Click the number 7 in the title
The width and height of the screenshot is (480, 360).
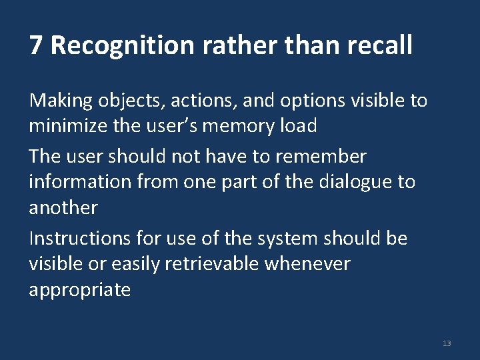point(36,46)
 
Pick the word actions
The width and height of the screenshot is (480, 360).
point(204,101)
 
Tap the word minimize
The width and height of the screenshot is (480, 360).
point(70,126)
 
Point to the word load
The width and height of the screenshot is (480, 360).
point(297,126)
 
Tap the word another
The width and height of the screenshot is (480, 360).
point(63,207)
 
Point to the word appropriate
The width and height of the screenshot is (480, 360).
point(80,291)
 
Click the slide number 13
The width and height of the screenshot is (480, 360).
point(446,343)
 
